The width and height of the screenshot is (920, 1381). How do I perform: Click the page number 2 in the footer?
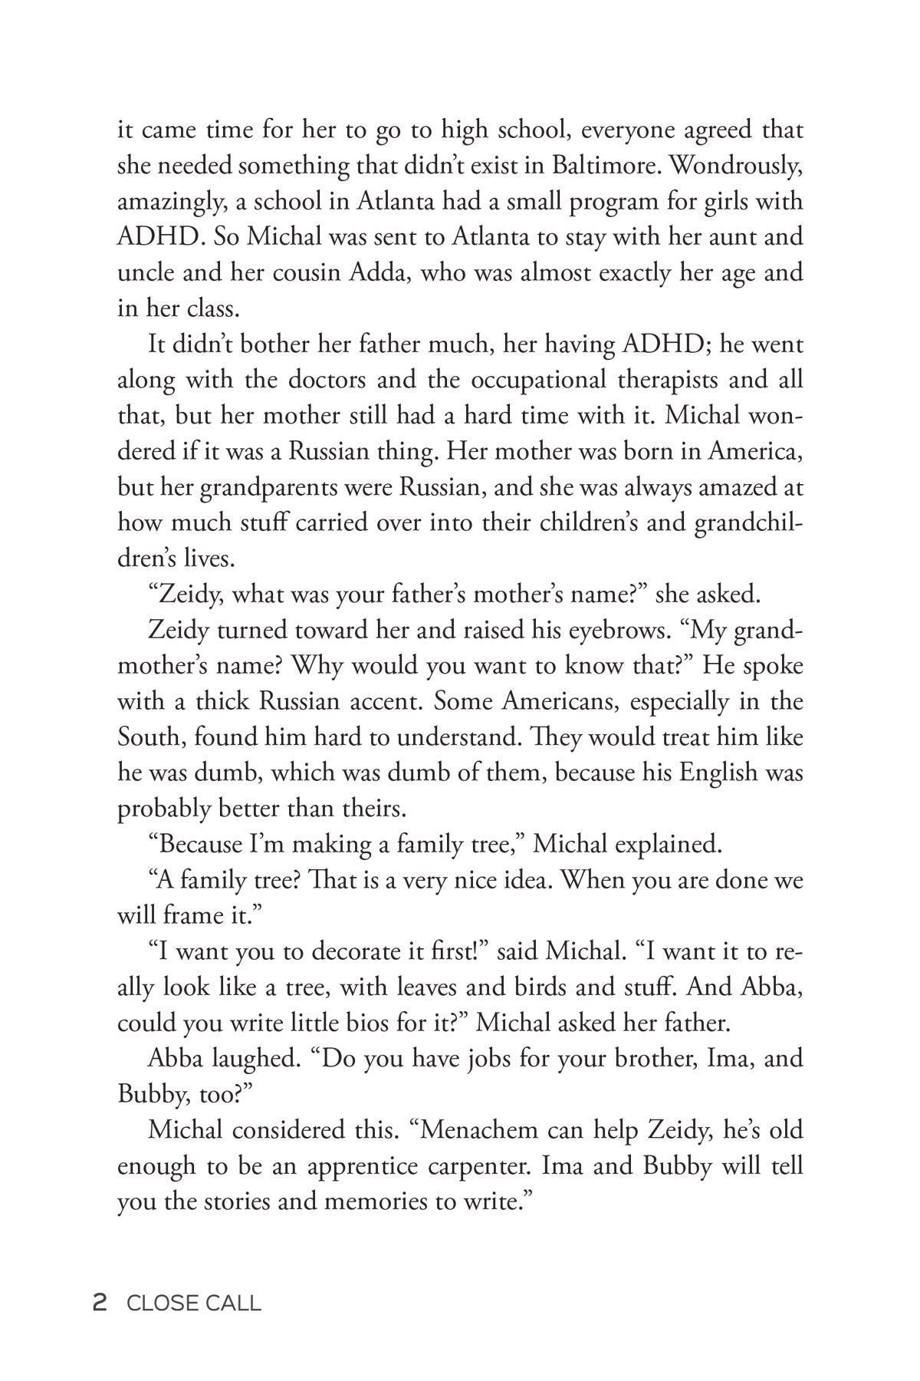98,1303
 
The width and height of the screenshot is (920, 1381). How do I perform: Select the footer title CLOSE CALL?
194,1303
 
